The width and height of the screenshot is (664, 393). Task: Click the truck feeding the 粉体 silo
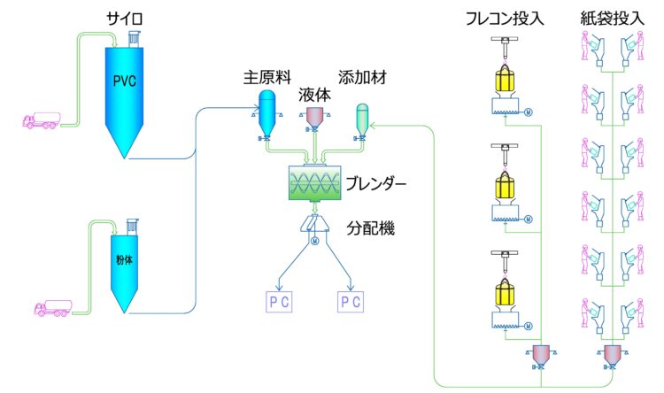[x=52, y=309]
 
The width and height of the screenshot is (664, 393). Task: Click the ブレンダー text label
[x=376, y=186]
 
